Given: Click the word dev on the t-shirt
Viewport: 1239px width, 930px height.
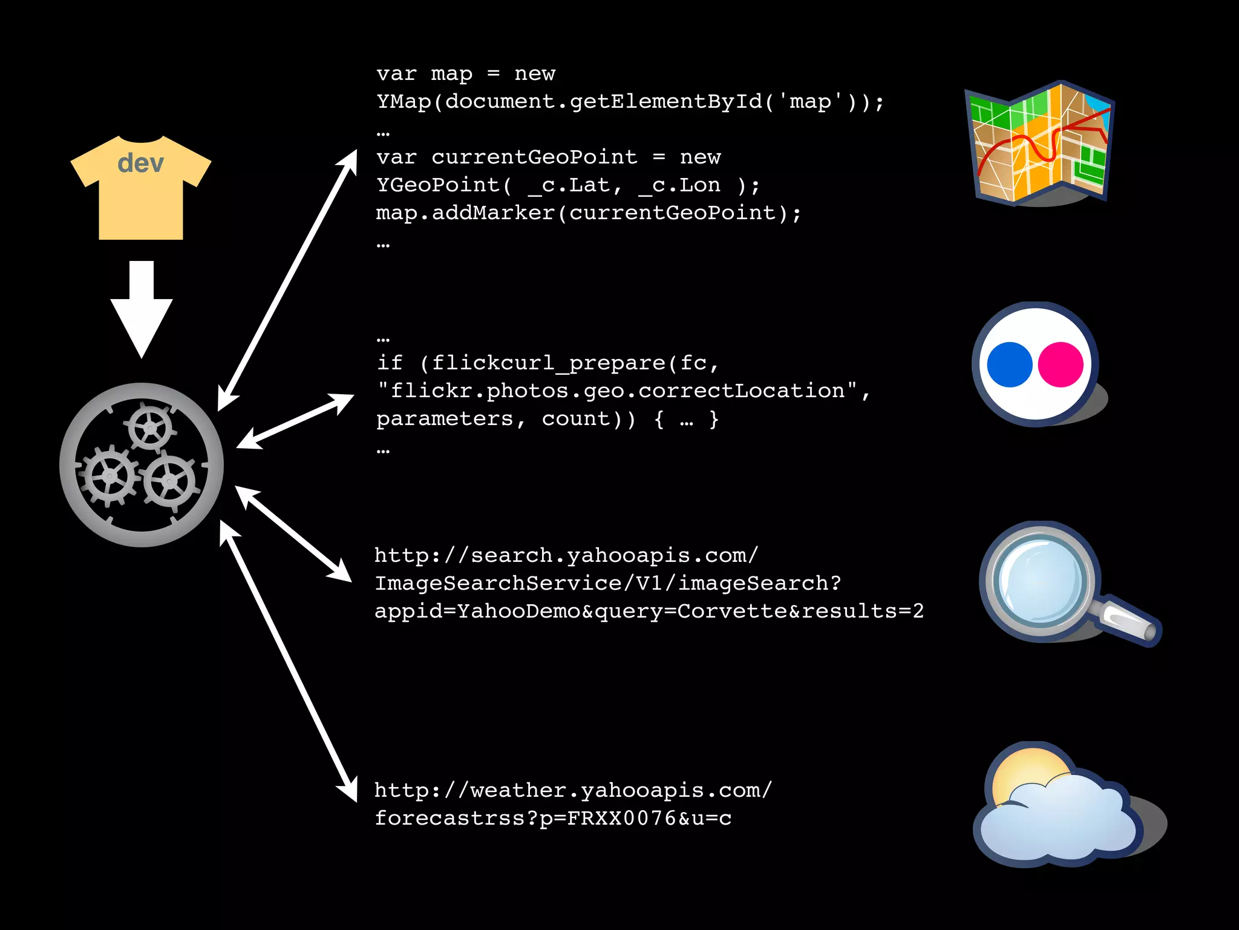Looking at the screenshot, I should pyautogui.click(x=140, y=163).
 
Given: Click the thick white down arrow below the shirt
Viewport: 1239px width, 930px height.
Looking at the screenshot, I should pyautogui.click(x=142, y=309).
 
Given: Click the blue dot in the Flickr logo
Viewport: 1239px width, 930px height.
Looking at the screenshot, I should pyautogui.click(x=1009, y=364).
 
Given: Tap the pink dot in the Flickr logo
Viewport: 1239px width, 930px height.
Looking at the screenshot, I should pyautogui.click(x=1061, y=364).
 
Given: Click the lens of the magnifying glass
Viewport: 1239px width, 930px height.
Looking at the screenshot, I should pyautogui.click(x=1041, y=580).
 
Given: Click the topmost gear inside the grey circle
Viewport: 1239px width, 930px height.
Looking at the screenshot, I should pyautogui.click(x=150, y=427).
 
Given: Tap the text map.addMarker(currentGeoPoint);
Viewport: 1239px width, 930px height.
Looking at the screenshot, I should pyautogui.click(x=588, y=213).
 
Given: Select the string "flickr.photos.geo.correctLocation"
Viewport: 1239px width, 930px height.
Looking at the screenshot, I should pyautogui.click(x=617, y=391).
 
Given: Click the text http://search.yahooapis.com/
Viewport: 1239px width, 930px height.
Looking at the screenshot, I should pyautogui.click(x=566, y=555).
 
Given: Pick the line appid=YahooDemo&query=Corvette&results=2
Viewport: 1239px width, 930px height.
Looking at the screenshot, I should pyautogui.click(x=649, y=611).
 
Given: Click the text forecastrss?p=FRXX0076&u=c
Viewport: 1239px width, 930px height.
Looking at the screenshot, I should pyautogui.click(x=553, y=819).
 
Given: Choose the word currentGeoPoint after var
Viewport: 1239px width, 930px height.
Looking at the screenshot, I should pyautogui.click(x=534, y=157).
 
